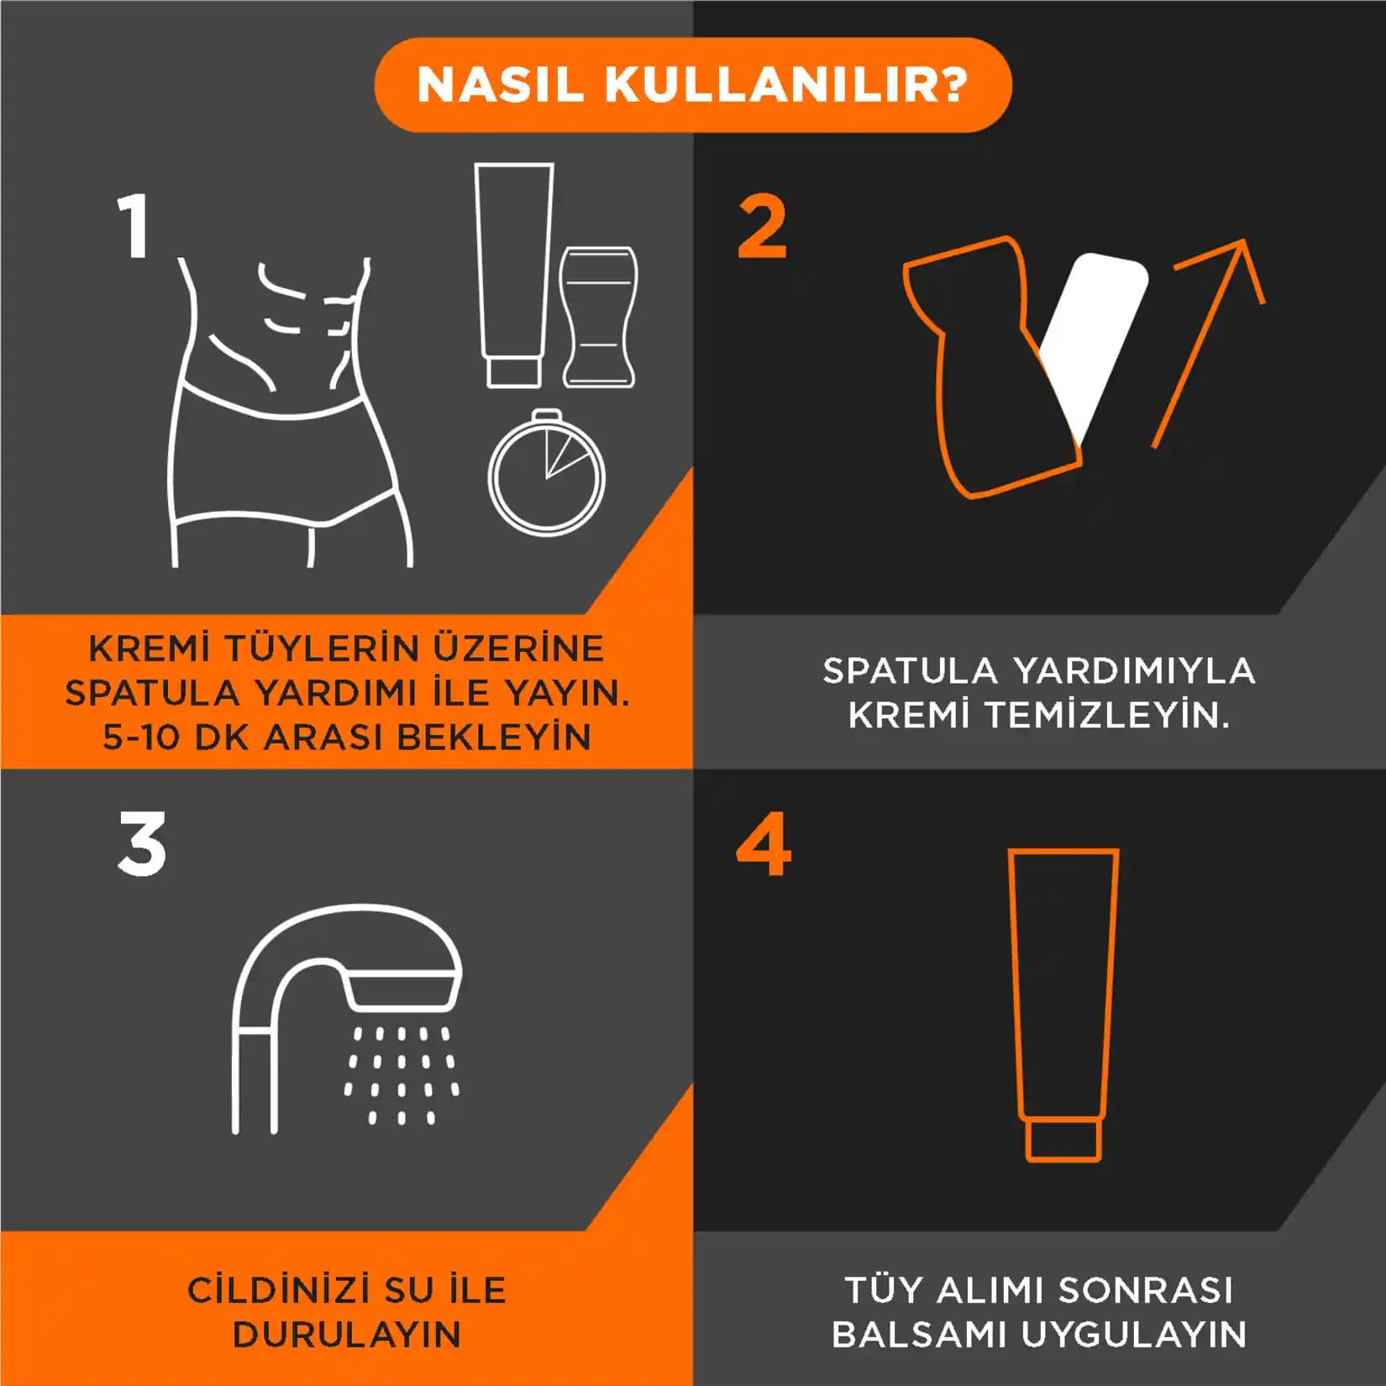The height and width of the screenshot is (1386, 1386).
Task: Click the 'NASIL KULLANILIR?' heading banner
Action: pos(692,85)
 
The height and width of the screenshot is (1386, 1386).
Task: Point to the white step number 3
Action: pos(142,844)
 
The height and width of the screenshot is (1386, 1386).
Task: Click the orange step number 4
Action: pos(763,844)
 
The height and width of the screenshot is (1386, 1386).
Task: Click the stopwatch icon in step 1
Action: pos(546,475)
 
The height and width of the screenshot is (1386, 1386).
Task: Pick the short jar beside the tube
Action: pos(598,318)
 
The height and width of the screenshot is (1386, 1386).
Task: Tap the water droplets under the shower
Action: pos(402,1075)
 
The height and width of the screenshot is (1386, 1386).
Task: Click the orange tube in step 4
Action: pos(1063,983)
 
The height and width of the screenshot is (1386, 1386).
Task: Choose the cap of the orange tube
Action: pos(1063,1140)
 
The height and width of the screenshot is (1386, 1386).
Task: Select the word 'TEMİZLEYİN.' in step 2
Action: pos(1108,715)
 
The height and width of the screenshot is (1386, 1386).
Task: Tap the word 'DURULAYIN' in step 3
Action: pos(347,1334)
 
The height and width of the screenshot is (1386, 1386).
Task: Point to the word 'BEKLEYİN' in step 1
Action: pos(494,737)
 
